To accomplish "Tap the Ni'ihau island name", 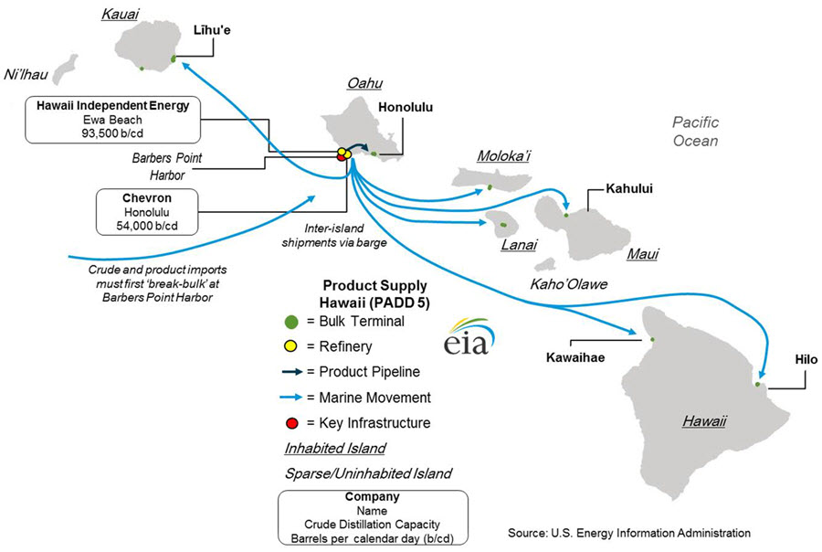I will [26, 73].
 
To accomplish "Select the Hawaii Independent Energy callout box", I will [112, 119].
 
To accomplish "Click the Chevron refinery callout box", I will [147, 211].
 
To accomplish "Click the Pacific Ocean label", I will [695, 132].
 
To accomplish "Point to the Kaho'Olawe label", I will [569, 284].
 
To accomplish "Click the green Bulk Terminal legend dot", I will [291, 321].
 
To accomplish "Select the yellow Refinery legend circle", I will [291, 346].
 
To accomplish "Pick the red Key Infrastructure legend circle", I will [291, 423].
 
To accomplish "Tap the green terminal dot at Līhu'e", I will [174, 58].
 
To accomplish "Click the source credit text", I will [629, 532].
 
